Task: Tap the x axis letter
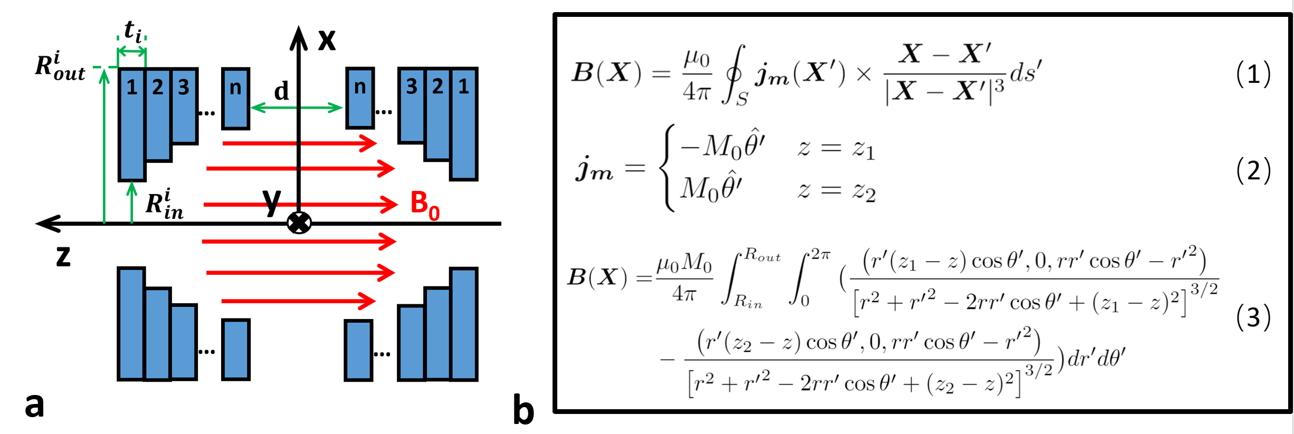327,40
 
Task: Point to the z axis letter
63,256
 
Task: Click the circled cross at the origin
299,223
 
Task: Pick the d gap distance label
281,91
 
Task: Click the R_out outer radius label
60,67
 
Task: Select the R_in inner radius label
164,204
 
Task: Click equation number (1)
1253,74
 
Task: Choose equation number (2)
1253,170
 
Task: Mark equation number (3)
1253,317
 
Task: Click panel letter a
34,405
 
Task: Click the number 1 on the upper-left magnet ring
132,87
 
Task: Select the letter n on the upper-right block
360,86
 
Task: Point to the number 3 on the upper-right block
412,86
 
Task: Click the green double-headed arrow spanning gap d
297,108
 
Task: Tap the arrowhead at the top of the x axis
299,37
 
